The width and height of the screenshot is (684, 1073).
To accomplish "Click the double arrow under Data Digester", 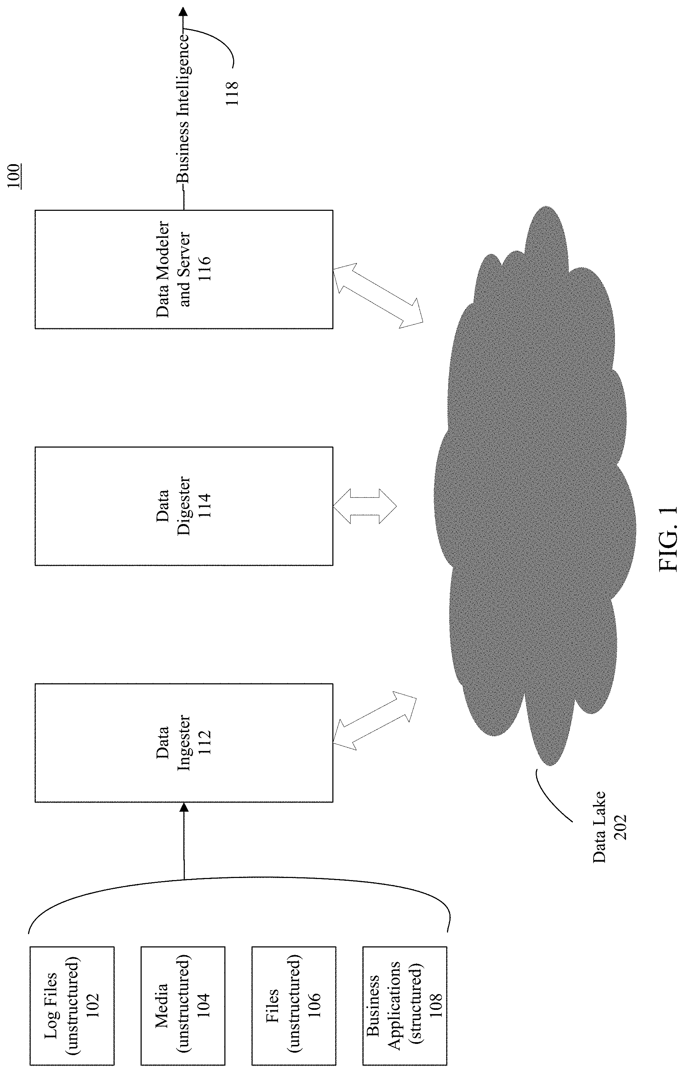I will click(365, 506).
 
